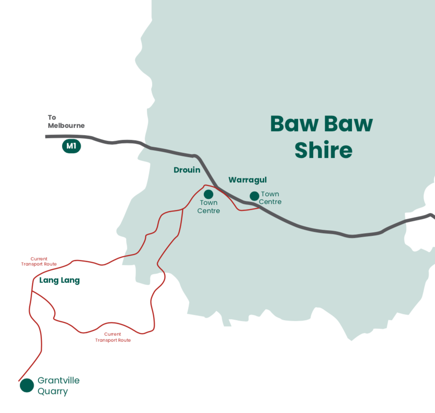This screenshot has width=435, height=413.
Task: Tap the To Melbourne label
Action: pyautogui.click(x=66, y=121)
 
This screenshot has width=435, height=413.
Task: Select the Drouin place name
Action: pyautogui.click(x=187, y=170)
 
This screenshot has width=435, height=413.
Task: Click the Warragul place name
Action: pyautogui.click(x=248, y=179)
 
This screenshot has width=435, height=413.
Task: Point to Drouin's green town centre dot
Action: pyautogui.click(x=208, y=194)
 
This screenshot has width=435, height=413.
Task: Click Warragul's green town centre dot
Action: pyautogui.click(x=254, y=196)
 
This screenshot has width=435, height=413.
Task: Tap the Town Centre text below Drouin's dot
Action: pyautogui.click(x=208, y=206)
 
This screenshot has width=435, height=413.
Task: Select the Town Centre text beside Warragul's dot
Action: pyautogui.click(x=270, y=198)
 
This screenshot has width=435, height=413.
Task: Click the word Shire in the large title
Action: pyautogui.click(x=323, y=150)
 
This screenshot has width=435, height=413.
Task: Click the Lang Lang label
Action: pyautogui.click(x=59, y=280)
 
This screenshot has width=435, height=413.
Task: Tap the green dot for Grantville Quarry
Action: pyautogui.click(x=27, y=385)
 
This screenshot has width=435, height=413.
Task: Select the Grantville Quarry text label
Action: pyautogui.click(x=58, y=386)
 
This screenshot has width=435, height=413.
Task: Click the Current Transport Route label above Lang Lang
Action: pyautogui.click(x=39, y=262)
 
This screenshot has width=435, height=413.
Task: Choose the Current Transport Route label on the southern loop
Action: pyautogui.click(x=113, y=337)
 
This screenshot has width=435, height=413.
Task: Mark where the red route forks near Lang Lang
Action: pyautogui.click(x=32, y=291)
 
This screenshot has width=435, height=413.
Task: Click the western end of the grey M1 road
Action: pyautogui.click(x=47, y=136)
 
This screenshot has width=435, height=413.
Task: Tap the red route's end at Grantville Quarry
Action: pyautogui.click(x=19, y=381)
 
